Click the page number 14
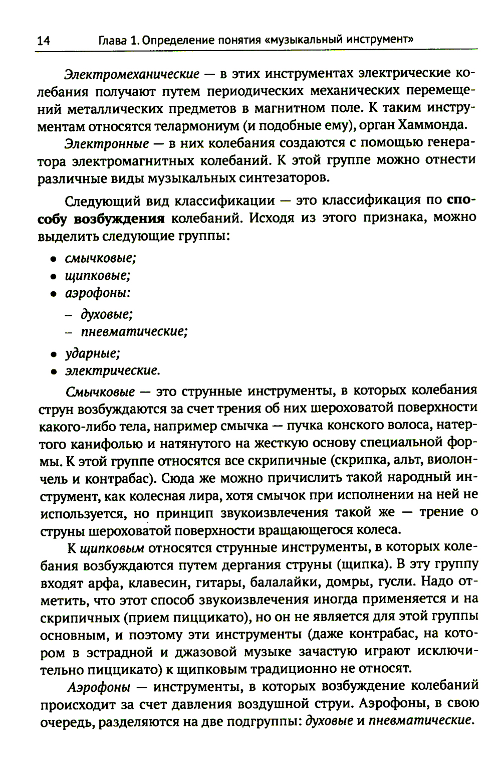tap(43, 41)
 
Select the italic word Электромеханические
tap(132, 74)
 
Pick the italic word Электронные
tap(107, 143)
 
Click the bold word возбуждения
tap(119, 219)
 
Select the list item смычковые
tap(100, 258)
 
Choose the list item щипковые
tap(98, 276)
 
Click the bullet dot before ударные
tap(53, 355)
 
